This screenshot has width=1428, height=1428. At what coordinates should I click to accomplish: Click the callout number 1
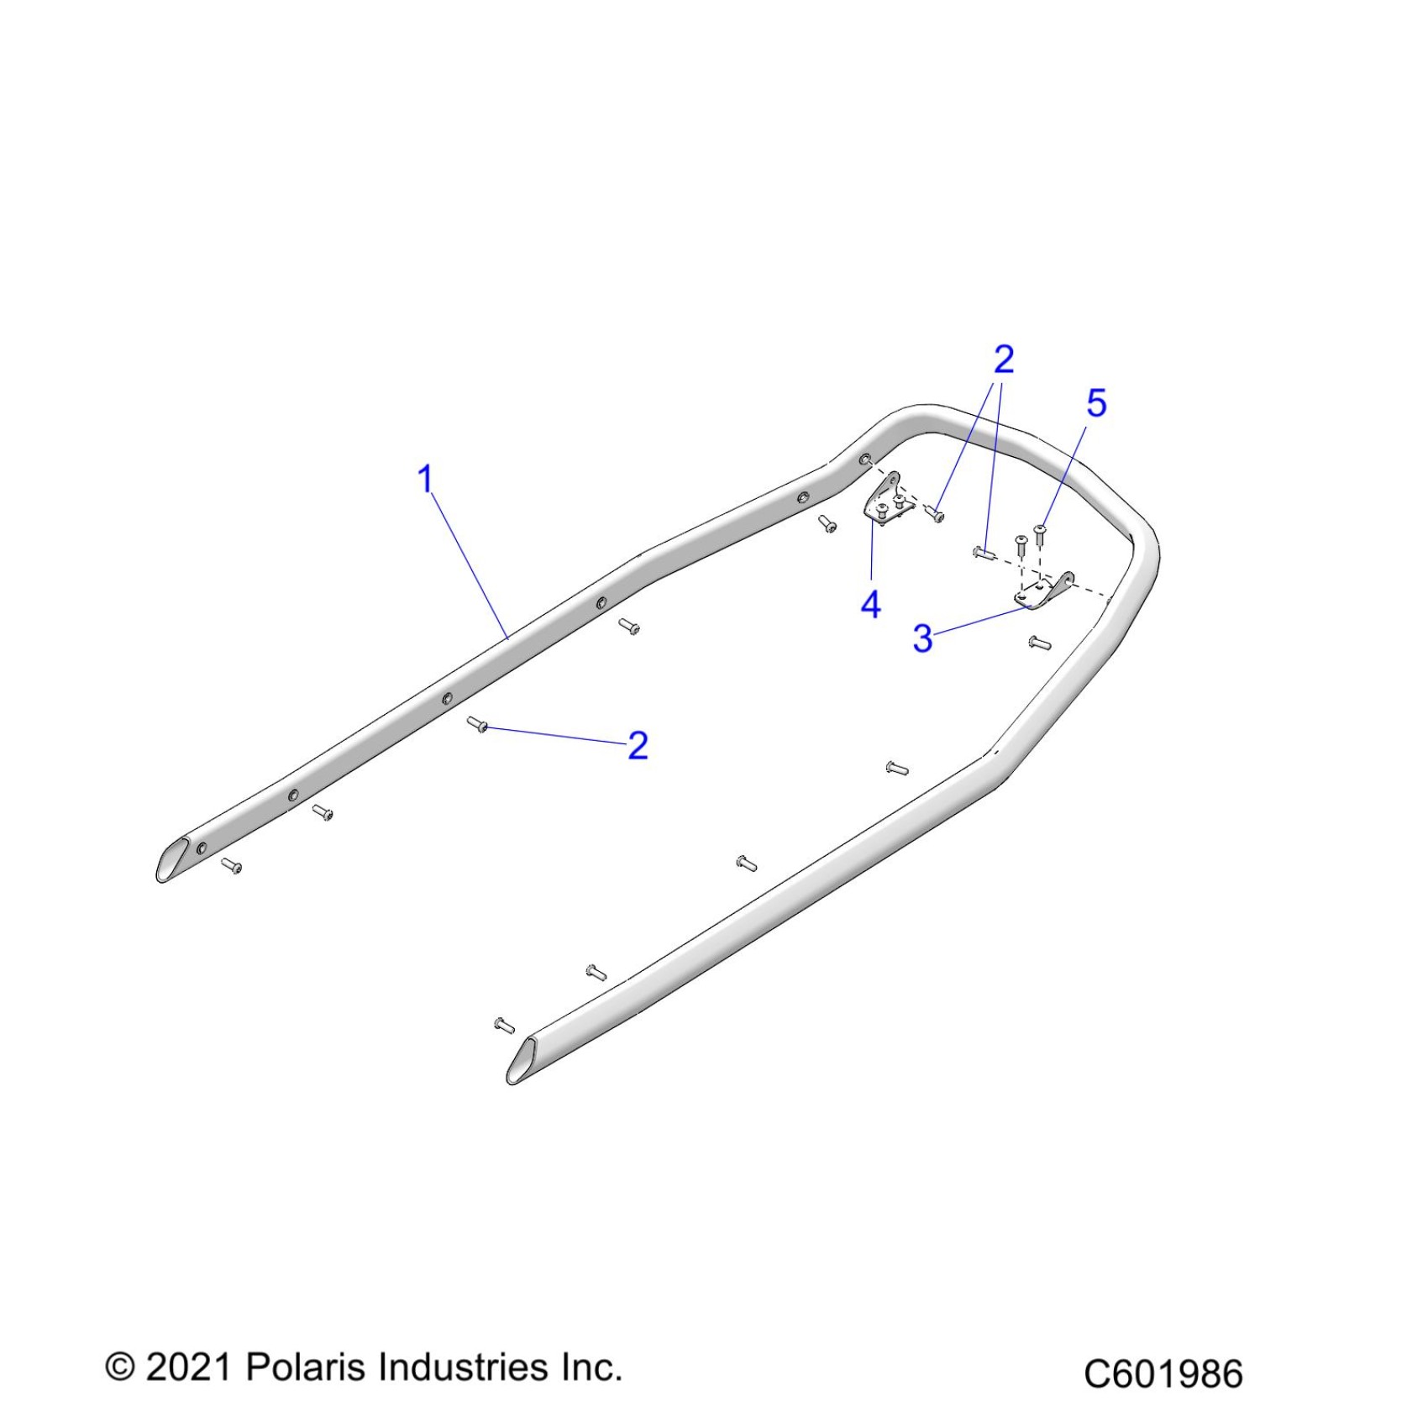[x=426, y=480]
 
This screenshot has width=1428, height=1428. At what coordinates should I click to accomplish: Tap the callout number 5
[x=1096, y=404]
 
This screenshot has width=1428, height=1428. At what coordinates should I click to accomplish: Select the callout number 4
[x=871, y=605]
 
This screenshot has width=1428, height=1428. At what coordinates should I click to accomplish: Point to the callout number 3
[x=922, y=638]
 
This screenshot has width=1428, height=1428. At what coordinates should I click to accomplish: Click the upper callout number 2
[x=1004, y=360]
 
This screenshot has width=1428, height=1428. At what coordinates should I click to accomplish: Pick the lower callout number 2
[x=638, y=746]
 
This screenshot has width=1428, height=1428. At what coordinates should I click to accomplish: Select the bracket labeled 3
[x=1042, y=591]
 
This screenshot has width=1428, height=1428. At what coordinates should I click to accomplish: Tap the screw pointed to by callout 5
[x=1040, y=531]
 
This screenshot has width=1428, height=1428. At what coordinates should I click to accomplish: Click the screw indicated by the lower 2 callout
[x=478, y=724]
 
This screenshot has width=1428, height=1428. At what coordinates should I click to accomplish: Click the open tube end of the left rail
[x=173, y=859]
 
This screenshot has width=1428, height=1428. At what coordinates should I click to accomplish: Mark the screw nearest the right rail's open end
[x=504, y=1026]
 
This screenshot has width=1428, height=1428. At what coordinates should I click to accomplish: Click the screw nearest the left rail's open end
[x=232, y=866]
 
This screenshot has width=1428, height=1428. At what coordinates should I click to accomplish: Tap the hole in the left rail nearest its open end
[x=202, y=848]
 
